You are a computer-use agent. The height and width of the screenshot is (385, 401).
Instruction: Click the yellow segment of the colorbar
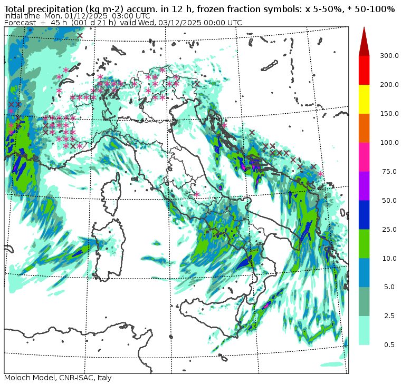pos(364,98)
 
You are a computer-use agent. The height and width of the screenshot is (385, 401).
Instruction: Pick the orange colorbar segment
pos(364,127)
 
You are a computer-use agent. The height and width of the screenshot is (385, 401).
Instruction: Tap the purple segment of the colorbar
pos(364,185)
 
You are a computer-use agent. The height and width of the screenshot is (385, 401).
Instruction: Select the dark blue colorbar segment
pos(364,214)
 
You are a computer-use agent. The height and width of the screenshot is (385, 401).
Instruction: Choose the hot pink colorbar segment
pos(364,156)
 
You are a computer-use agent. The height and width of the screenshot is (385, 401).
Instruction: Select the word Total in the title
pos(16,9)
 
